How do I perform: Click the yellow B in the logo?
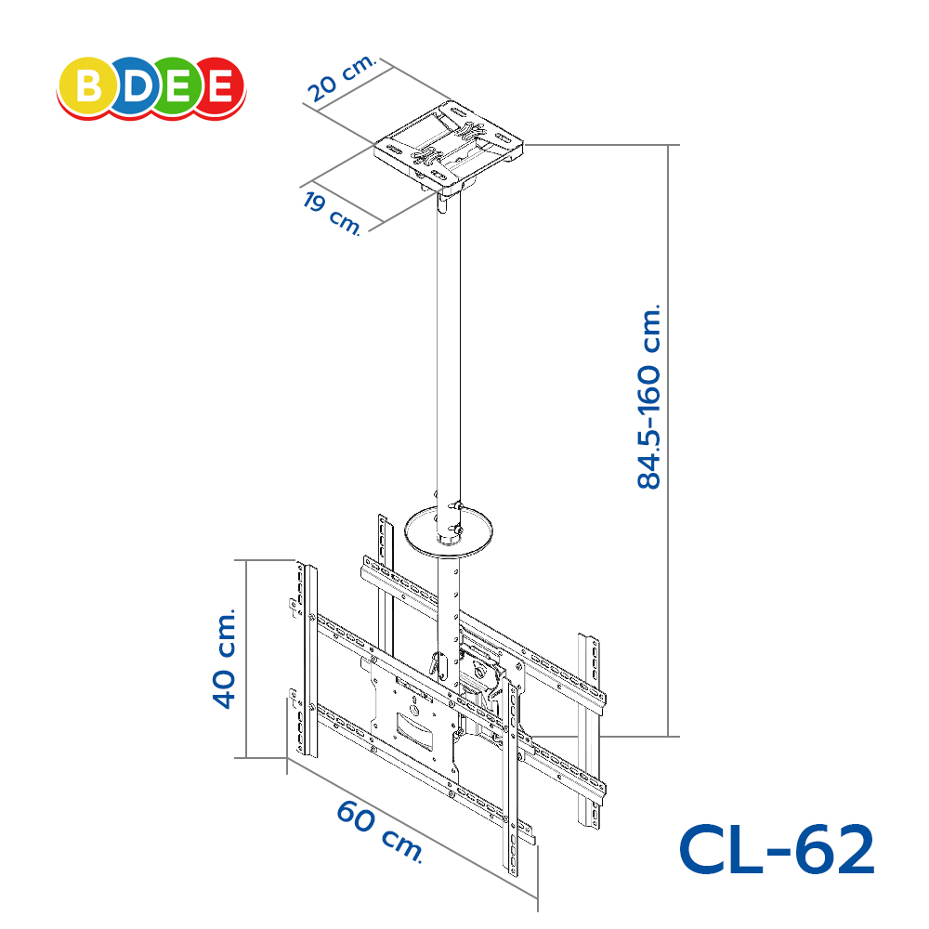point(89,87)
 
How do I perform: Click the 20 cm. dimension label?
point(342,78)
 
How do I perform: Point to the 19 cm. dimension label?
point(332,214)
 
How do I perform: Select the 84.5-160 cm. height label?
point(648,397)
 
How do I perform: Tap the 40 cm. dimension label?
point(225,659)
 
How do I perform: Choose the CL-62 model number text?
point(777,849)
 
